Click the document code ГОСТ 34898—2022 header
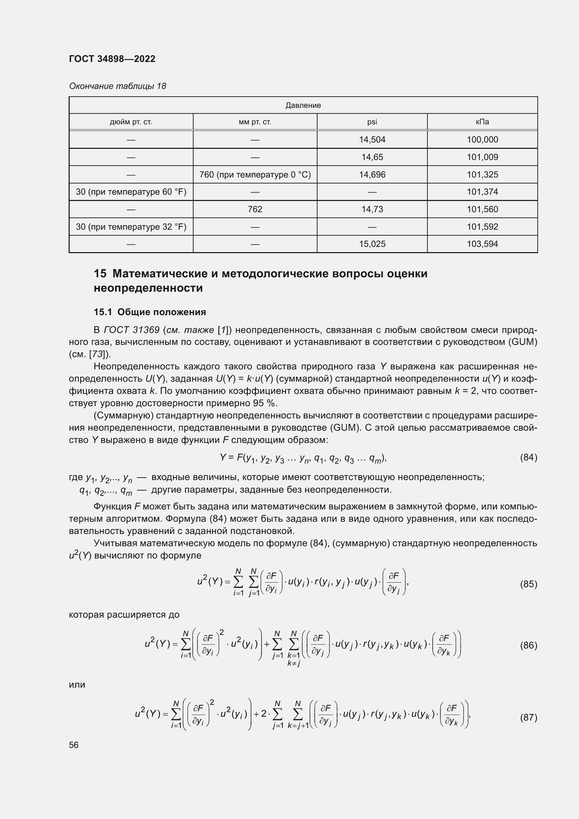[112, 59]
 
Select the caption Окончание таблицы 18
[117, 86]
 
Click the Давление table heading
[303, 105]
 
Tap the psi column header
[372, 122]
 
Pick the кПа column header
[482, 122]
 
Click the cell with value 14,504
[372, 139]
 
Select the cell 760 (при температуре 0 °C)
[255, 175]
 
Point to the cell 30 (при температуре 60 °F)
[131, 192]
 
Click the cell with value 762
[255, 209]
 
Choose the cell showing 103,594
[482, 244]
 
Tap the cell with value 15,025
[372, 244]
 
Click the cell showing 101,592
[482, 227]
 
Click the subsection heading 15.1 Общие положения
[150, 312]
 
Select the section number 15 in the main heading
[100, 273]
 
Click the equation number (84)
[528, 457]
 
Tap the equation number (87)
[528, 717]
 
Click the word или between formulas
[77, 685]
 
